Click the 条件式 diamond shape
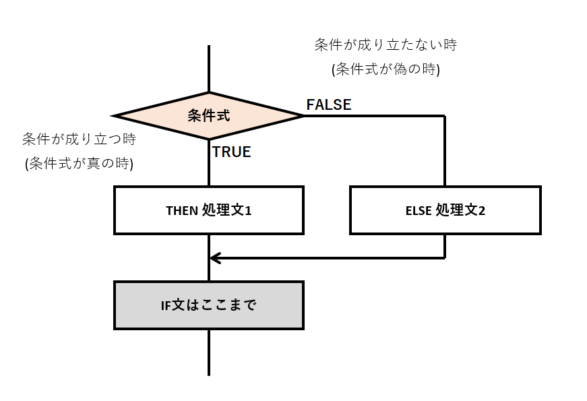point(209,116)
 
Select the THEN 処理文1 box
point(209,210)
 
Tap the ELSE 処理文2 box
point(445,210)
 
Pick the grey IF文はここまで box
point(209,305)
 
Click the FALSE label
point(329,104)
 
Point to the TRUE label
point(232,152)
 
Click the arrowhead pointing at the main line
point(214,257)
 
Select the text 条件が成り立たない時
point(385,45)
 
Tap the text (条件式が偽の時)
point(385,69)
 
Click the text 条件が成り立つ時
point(79,140)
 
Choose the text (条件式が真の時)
point(79,164)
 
